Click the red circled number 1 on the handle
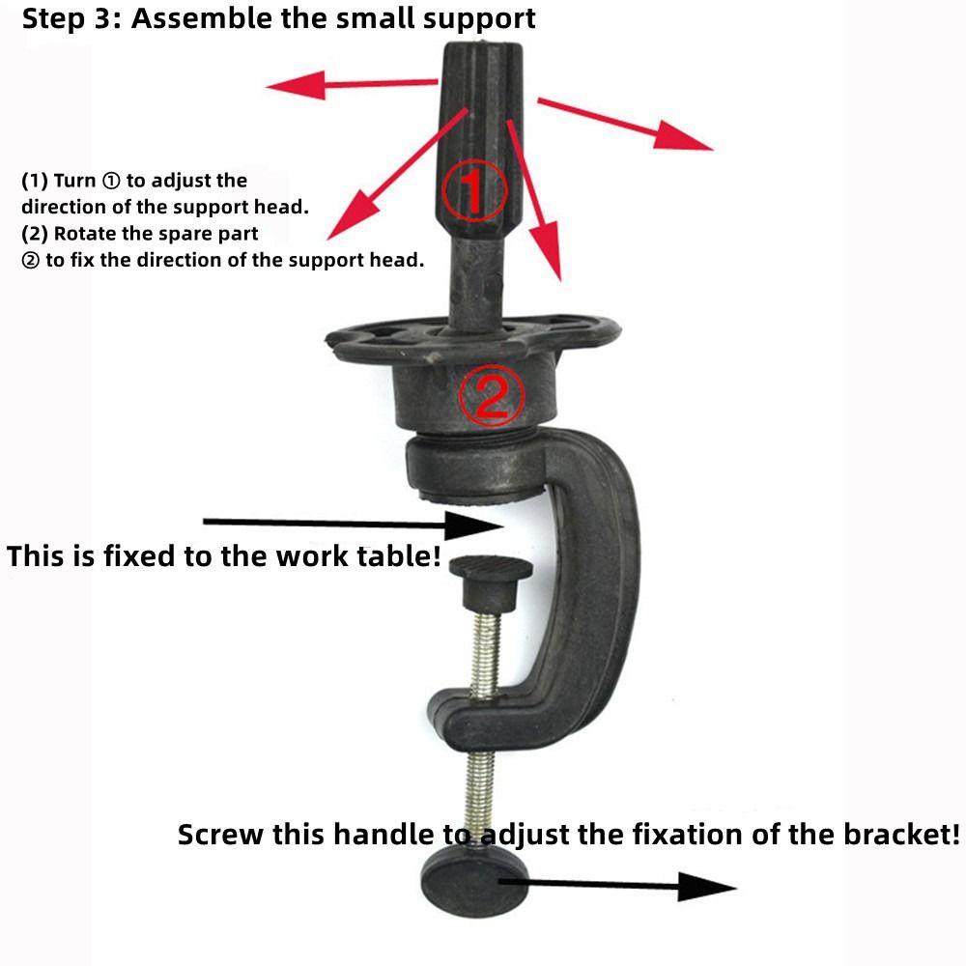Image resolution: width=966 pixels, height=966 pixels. coord(474,189)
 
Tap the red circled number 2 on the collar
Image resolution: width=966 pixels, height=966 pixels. coord(492,395)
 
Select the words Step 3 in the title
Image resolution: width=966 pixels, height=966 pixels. coord(65,18)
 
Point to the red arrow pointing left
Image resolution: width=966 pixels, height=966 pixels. coord(352,84)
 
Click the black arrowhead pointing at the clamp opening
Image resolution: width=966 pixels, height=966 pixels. coord(473,526)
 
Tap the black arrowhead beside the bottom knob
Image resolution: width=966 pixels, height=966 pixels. coord(707,887)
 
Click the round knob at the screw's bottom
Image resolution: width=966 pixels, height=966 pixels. coord(475,881)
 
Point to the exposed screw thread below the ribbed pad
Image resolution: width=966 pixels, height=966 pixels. coord(486,654)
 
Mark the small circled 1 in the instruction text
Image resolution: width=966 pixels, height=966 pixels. coord(111,182)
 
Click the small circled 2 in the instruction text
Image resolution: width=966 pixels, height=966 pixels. coord(30,261)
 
